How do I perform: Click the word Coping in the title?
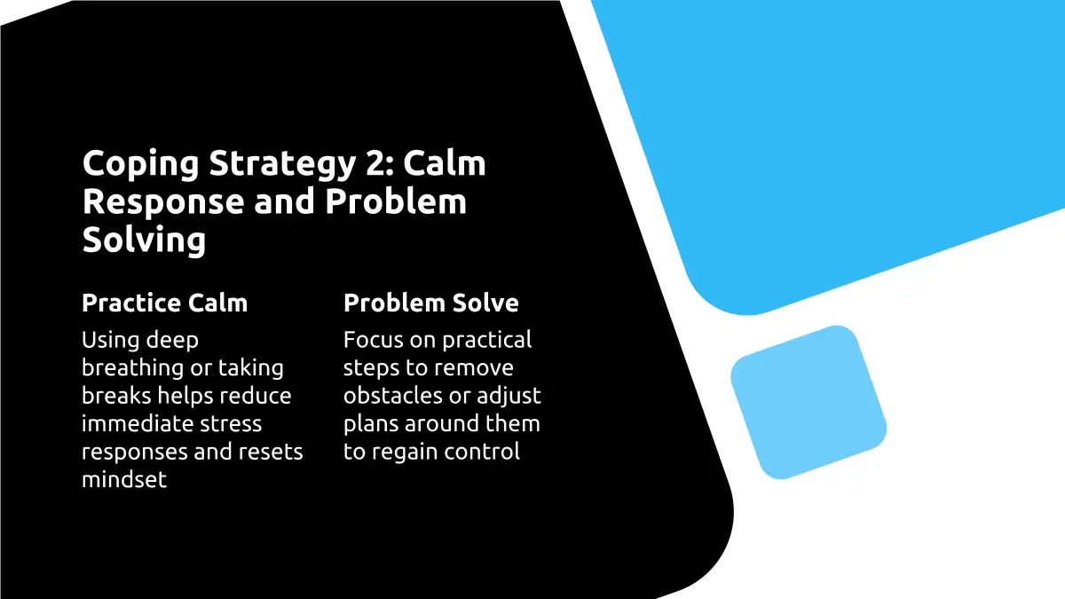[x=141, y=164]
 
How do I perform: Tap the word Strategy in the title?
[x=282, y=164]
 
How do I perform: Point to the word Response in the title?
[x=163, y=201]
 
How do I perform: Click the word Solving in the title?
[x=144, y=240]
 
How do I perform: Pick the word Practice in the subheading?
[x=131, y=303]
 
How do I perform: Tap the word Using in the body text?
[x=110, y=341]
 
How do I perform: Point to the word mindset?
[x=124, y=479]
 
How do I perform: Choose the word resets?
[x=271, y=452]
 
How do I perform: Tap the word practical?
[x=487, y=341]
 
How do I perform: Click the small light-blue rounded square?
[x=809, y=402]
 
